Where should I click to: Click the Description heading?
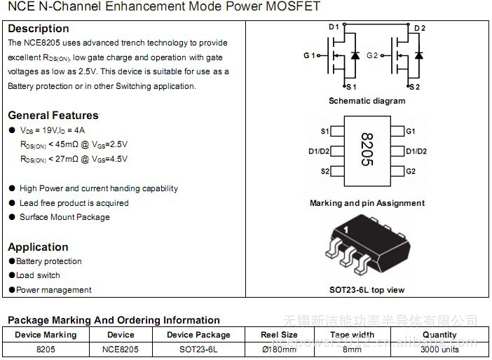(38, 29)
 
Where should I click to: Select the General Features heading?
(53, 115)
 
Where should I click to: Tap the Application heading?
(38, 247)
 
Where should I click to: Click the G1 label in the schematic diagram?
(309, 55)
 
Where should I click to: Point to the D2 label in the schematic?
(419, 28)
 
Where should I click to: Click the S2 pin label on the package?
(325, 171)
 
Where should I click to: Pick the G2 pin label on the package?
(411, 171)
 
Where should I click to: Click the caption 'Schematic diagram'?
(367, 101)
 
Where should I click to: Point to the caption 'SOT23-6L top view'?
(367, 289)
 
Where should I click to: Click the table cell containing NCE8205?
(121, 349)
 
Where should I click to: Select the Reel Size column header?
(279, 335)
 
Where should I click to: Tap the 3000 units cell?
(439, 349)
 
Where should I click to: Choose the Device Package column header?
(198, 335)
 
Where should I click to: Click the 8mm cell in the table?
(352, 349)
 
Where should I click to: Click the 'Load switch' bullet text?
(38, 275)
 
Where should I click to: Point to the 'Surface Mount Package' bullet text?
(64, 217)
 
